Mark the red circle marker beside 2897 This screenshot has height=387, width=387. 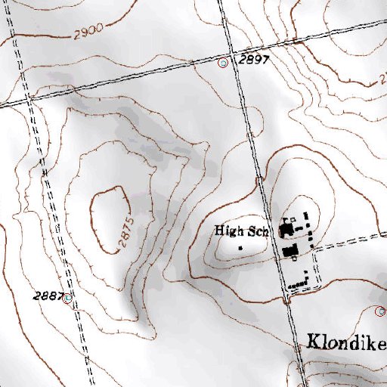tap(223, 63)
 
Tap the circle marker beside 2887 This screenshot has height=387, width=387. tap(69, 298)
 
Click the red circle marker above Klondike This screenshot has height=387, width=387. tap(380, 311)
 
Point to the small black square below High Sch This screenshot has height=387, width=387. tap(240, 247)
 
